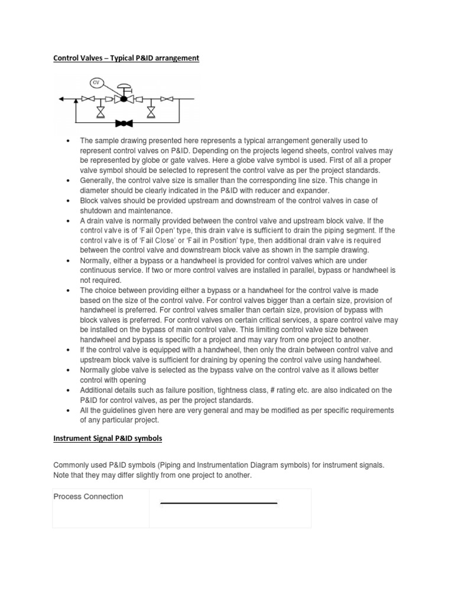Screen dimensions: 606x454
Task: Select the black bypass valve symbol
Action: pos(124,123)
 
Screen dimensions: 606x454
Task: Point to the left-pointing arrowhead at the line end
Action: pos(60,99)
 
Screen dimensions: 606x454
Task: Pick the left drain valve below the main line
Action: pos(102,111)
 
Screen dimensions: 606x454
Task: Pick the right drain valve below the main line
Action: pos(151,111)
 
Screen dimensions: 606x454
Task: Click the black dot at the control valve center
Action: pos(124,99)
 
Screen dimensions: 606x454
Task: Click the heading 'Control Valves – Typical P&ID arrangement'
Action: pos(127,58)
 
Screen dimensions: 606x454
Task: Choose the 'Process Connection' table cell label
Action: pos(88,497)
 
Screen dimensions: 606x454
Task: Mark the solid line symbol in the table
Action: pos(219,504)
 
